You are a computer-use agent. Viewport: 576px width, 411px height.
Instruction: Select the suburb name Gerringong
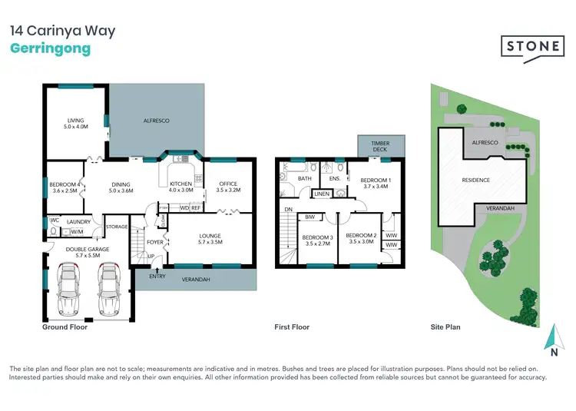[50, 49]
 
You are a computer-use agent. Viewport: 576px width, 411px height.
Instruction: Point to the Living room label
[74, 124]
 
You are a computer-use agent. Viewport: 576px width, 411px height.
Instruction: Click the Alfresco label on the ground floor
[157, 121]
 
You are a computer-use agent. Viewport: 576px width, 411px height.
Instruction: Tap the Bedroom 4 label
[64, 188]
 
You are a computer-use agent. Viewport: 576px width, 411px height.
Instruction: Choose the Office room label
[228, 187]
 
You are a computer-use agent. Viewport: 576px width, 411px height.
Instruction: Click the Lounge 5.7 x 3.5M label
[210, 239]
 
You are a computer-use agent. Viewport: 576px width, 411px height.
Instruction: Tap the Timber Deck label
[380, 147]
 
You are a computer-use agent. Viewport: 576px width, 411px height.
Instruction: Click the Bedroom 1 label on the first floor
[376, 182]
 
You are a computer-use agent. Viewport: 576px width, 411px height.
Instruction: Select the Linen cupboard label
[322, 194]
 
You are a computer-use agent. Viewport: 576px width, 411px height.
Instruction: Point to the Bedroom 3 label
[316, 240]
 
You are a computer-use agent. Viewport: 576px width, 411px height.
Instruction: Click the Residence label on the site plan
[475, 180]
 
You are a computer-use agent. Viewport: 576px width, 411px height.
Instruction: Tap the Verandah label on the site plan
[499, 208]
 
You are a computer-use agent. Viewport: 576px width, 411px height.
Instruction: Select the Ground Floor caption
[65, 326]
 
